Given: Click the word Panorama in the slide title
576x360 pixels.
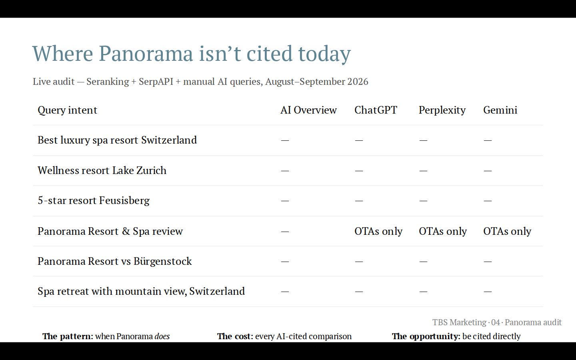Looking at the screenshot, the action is (x=146, y=54).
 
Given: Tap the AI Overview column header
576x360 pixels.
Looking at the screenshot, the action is (x=308, y=110).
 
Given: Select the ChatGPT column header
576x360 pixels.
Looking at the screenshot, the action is (x=376, y=110).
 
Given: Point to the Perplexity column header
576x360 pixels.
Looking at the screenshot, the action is (x=442, y=110).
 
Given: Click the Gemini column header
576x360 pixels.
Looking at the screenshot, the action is (x=500, y=110).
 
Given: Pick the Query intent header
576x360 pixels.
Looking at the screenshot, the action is (x=67, y=110).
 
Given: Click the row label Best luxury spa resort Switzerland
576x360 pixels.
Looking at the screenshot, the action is (x=117, y=140).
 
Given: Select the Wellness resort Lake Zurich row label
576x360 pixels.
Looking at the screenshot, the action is (x=102, y=170).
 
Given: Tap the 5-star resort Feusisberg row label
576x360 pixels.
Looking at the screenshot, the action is (x=94, y=201).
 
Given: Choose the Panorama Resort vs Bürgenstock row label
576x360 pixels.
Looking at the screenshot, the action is (x=115, y=262).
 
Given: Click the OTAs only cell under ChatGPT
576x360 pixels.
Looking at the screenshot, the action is (x=378, y=232).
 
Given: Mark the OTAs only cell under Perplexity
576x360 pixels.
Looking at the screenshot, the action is (x=443, y=232).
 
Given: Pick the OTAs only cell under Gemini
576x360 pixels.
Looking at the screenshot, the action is (x=507, y=232).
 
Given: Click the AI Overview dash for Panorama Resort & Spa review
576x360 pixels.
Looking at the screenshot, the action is (x=285, y=232).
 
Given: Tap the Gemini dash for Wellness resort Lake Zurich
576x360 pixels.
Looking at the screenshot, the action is (x=488, y=171).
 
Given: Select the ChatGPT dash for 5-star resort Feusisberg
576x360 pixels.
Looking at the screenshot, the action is (x=359, y=201).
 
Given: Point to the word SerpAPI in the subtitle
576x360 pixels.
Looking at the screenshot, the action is (x=156, y=82).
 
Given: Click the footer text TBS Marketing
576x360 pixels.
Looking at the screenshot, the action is (x=459, y=322).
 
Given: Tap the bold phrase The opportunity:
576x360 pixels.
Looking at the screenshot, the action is (x=426, y=336).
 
